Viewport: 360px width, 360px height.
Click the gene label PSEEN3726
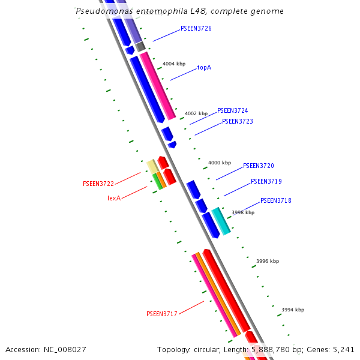(196, 29)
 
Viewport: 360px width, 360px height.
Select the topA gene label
(204, 68)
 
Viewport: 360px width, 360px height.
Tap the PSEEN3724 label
(232, 111)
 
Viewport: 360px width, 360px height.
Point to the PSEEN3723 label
(238, 122)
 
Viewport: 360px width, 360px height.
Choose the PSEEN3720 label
(258, 166)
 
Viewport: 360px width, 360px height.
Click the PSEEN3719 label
(266, 181)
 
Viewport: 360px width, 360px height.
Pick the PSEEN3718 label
(275, 200)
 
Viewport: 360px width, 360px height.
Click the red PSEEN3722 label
(98, 184)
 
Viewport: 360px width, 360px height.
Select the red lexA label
(114, 198)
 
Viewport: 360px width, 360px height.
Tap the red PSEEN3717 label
(162, 314)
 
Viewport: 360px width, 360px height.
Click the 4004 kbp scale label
(174, 64)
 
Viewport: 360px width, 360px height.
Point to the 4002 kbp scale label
(196, 113)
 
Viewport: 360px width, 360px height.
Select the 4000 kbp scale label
(220, 163)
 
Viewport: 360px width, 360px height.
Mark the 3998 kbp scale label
(243, 212)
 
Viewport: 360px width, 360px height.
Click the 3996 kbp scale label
(268, 261)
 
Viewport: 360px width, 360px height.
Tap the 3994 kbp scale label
(293, 310)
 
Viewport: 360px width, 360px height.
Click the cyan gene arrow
(221, 221)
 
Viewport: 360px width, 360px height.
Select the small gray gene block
(140, 47)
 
